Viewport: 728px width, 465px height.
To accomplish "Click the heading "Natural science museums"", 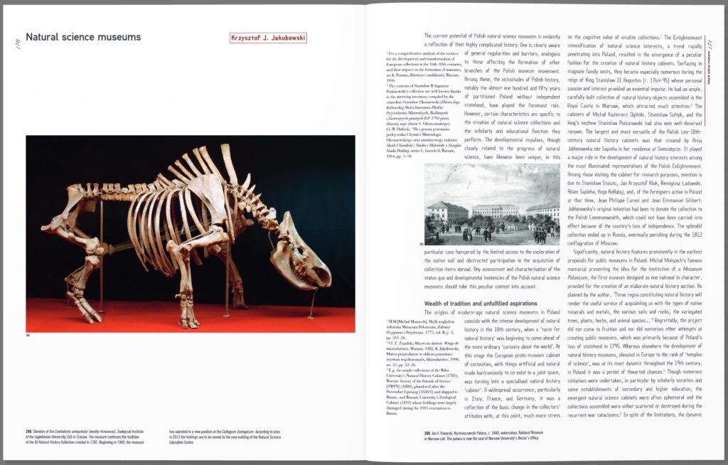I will pos(83,38).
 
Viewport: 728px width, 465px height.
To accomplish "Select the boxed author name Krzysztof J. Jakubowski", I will pos(268,38).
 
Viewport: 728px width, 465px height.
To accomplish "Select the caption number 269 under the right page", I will pos(429,432).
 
